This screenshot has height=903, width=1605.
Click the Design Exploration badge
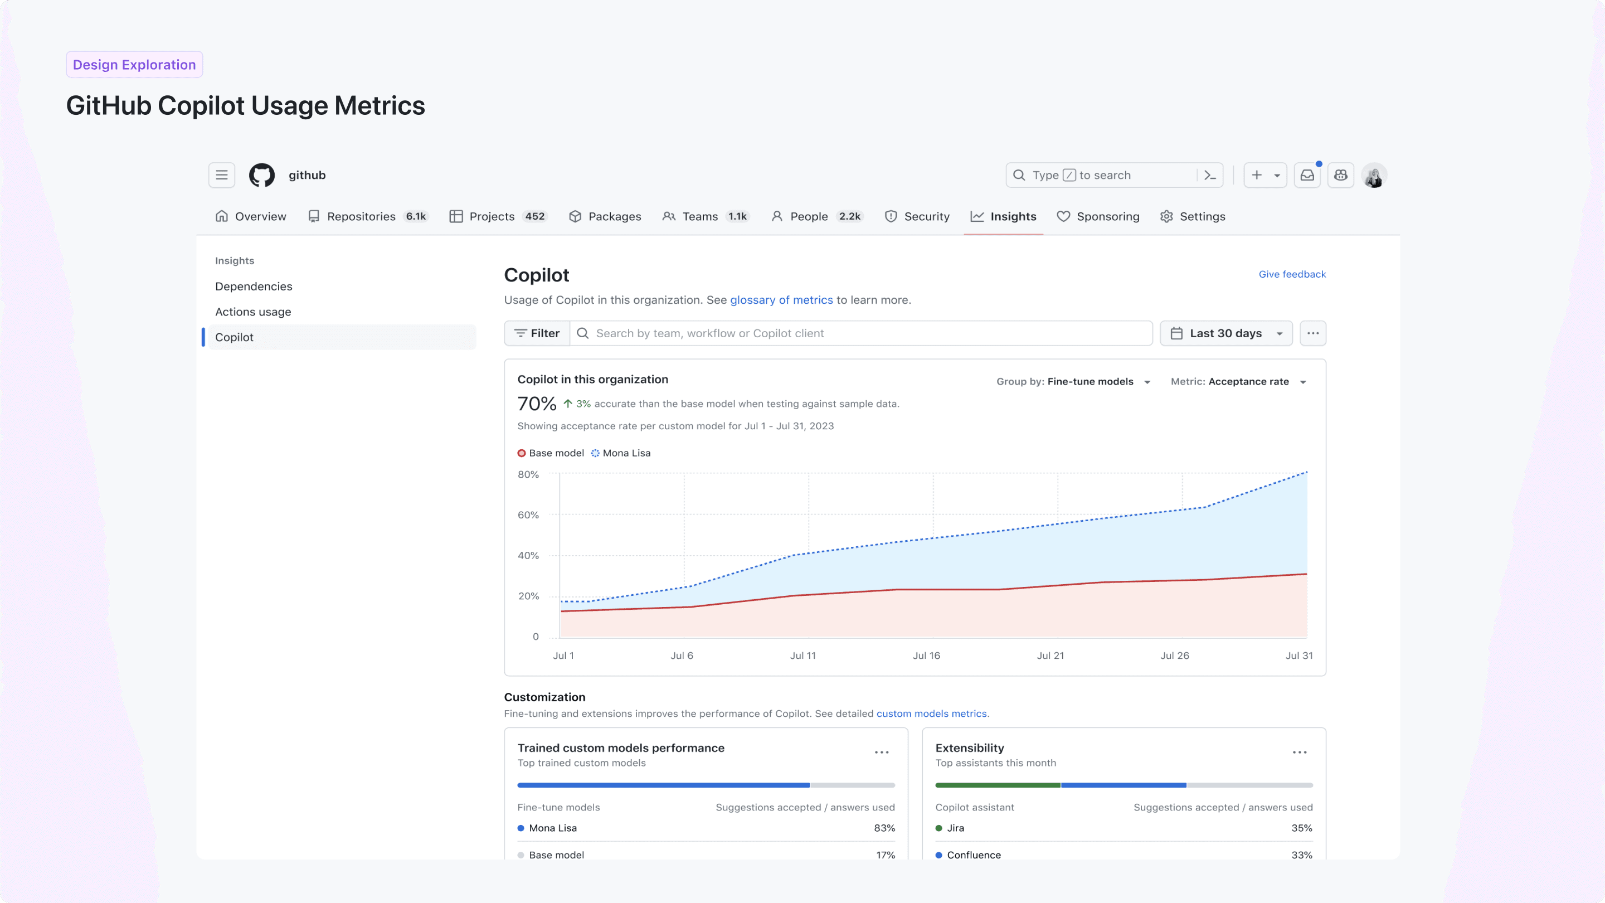pos(134,65)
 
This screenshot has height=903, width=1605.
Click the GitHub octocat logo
pos(262,175)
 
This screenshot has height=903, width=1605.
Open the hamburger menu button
pos(222,175)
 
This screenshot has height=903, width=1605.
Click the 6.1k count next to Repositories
pos(416,216)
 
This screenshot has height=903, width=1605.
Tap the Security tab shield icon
pos(891,216)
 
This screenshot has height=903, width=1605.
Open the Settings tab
pos(1193,216)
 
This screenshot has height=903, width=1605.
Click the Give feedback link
pos(1292,274)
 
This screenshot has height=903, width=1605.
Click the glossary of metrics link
pos(781,300)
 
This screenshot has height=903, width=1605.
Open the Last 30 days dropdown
pos(1225,333)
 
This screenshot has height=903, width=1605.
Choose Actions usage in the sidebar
pos(253,312)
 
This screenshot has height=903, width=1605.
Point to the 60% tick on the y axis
pos(528,514)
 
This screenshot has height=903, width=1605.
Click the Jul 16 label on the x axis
pos(926,656)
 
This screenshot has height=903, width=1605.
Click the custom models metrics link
pos(931,713)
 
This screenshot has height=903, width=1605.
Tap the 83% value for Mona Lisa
pos(883,828)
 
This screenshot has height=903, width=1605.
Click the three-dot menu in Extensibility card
pos(1299,752)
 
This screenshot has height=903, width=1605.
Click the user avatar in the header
pos(1373,175)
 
